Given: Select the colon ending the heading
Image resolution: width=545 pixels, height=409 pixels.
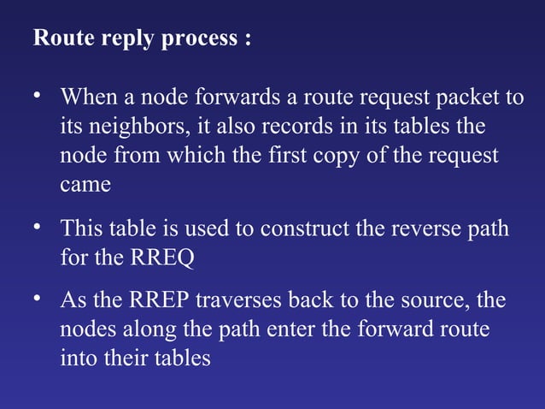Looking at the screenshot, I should pos(248,41).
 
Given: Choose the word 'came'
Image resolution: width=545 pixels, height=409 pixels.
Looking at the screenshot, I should pos(85,186).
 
